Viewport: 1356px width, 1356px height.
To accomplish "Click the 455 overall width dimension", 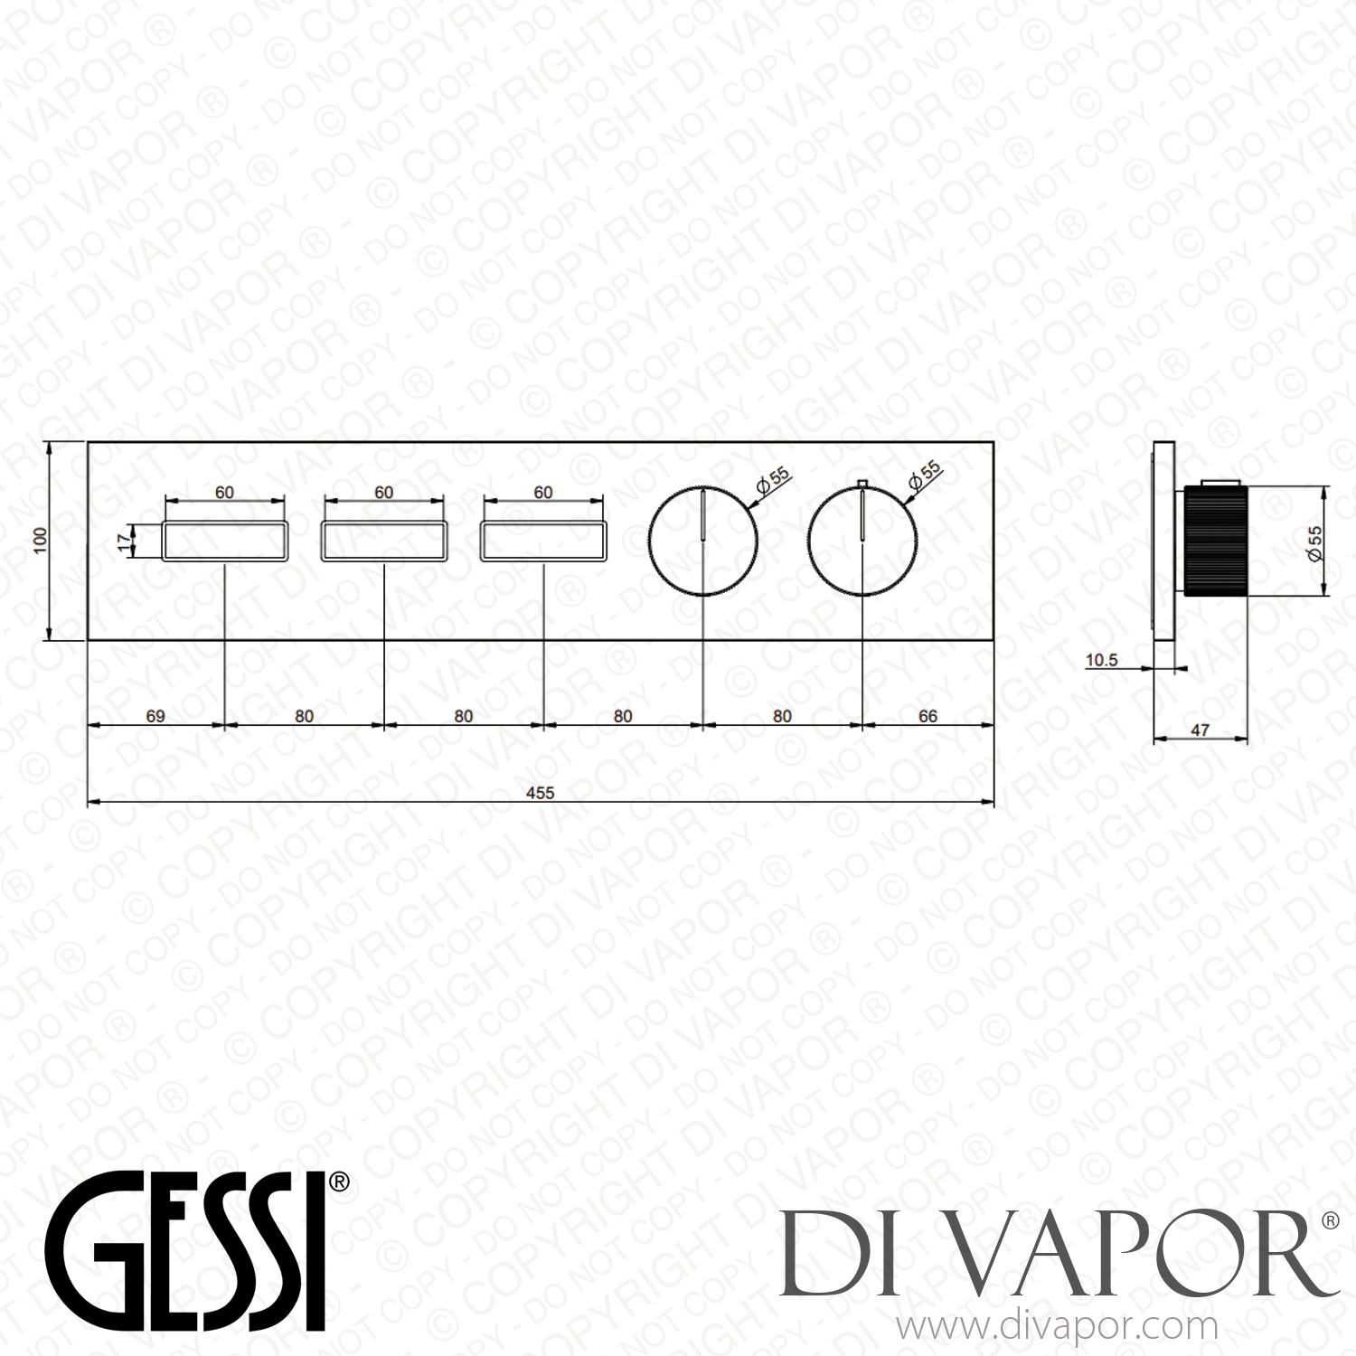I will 540,793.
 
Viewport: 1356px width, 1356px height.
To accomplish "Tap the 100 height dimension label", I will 39,541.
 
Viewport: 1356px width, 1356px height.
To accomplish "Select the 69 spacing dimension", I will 155,716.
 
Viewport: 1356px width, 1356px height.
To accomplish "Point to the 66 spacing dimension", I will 928,716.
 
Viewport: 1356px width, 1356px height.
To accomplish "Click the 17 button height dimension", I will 124,541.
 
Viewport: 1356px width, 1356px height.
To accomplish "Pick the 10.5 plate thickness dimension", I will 1101,660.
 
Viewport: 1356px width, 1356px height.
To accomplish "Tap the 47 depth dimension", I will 1200,730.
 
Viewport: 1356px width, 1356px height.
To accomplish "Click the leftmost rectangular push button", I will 225,541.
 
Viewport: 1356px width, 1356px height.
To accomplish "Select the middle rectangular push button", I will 384,541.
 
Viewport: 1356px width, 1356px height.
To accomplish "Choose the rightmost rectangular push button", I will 543,541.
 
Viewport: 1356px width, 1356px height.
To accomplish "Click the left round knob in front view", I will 703,541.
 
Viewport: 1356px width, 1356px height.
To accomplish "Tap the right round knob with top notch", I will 863,541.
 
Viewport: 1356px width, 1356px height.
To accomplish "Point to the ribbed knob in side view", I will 1215,541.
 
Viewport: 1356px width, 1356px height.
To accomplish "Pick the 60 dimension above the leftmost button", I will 224,493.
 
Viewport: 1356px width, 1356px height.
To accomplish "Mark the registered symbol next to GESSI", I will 338,1182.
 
